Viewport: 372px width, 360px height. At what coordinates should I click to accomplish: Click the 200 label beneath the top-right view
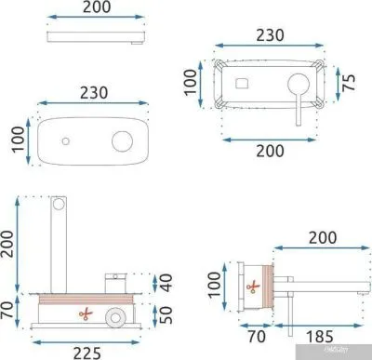(270, 150)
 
